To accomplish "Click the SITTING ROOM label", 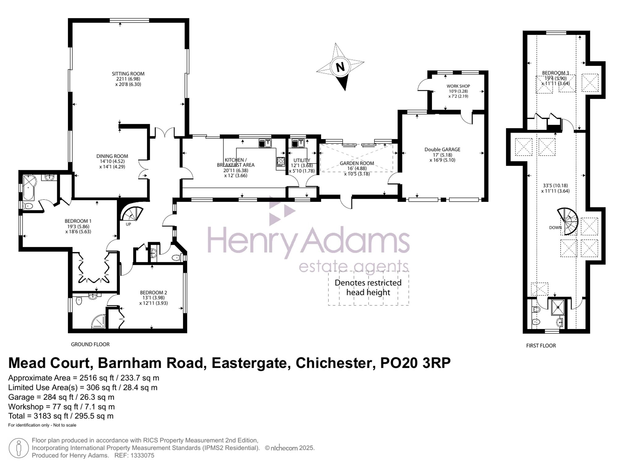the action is (x=128, y=74).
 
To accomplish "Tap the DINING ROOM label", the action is (x=112, y=156).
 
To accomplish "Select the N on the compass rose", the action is (x=340, y=67).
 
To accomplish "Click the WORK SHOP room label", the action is (x=458, y=86).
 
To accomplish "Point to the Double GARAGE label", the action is (x=442, y=150).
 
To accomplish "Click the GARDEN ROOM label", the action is (x=357, y=163).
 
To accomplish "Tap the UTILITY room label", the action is (x=302, y=160).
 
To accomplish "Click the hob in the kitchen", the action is (x=281, y=162).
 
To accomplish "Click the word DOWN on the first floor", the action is (x=555, y=228).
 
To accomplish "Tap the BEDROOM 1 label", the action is (x=78, y=221).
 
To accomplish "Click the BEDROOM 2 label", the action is (x=153, y=292).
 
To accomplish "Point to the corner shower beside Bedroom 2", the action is (x=99, y=321).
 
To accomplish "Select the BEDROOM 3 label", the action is (x=555, y=73).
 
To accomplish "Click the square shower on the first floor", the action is (x=558, y=307).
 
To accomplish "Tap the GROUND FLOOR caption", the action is (x=90, y=344).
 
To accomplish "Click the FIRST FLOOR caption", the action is (x=541, y=346).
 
